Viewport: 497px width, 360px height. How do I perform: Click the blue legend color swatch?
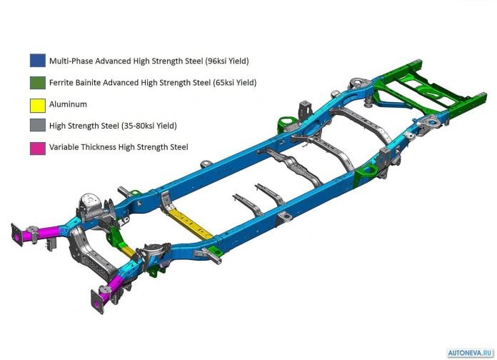[38, 61]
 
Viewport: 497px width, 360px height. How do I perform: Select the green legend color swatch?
[38, 82]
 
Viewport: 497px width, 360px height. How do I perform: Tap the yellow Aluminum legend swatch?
[38, 105]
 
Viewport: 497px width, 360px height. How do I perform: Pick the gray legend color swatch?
[38, 125]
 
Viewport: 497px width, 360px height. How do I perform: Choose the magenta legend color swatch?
[38, 149]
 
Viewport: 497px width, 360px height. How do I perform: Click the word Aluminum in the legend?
[68, 104]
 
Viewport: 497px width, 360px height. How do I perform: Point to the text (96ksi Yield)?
[227, 61]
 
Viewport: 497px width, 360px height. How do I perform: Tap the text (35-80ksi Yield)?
[149, 126]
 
